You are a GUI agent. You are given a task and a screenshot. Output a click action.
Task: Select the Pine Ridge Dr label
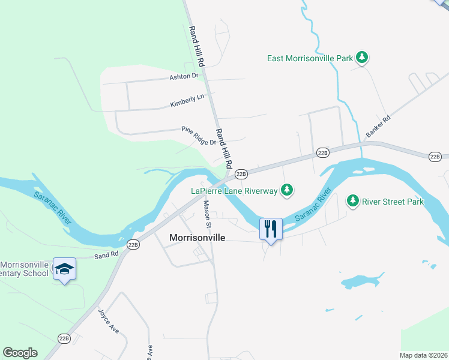[199, 135]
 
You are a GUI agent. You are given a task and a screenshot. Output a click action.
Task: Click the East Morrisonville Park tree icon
[362, 58]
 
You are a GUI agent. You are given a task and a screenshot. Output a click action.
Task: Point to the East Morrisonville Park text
[310, 58]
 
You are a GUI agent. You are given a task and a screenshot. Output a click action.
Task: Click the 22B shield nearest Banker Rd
[323, 153]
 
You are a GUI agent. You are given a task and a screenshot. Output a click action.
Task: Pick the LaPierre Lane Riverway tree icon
[288, 190]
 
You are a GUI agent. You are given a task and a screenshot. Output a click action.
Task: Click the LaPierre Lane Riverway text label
[235, 191]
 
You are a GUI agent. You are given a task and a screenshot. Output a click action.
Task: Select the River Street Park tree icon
[354, 201]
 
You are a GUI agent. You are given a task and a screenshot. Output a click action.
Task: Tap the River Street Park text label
[393, 202]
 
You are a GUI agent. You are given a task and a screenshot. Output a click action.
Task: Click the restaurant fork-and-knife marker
[271, 229]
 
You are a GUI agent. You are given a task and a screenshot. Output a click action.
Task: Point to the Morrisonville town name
[197, 238]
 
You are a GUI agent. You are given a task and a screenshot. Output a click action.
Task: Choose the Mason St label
[208, 214]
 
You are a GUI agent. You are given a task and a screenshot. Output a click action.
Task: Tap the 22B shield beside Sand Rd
[133, 244]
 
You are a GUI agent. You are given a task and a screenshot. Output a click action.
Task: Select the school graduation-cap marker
[64, 268]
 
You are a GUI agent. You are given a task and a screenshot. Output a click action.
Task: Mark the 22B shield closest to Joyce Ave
[64, 338]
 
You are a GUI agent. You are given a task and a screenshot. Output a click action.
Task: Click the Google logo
[20, 353]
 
